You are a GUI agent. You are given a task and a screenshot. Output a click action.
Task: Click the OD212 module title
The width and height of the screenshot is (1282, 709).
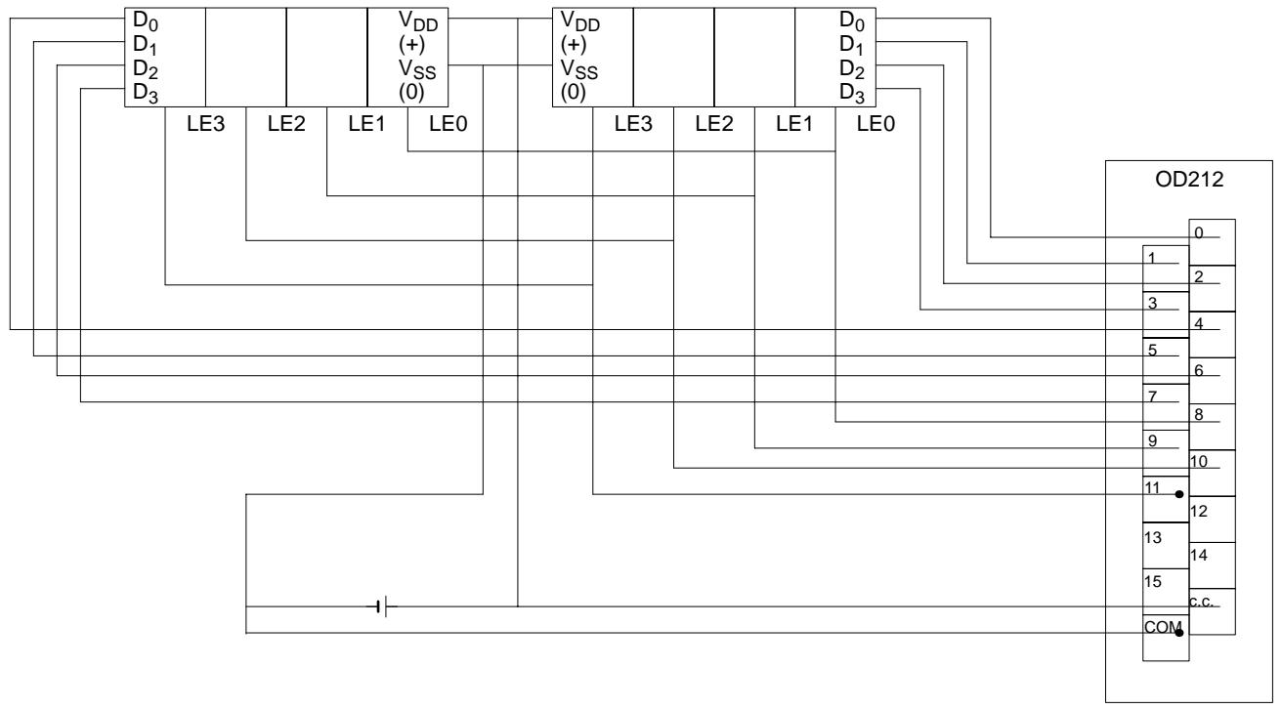coord(1189,180)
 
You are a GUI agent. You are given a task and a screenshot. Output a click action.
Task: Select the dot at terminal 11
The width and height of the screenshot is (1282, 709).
coord(1179,494)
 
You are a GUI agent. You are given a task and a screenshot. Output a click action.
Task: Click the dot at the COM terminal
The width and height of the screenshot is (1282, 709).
coord(1179,633)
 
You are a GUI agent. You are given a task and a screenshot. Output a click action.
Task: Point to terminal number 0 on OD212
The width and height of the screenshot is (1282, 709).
coord(1198,233)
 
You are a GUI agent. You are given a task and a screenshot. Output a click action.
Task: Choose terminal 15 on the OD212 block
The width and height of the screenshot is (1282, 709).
coord(1153,581)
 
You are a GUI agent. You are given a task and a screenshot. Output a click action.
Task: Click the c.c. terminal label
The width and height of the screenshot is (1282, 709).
coord(1201,602)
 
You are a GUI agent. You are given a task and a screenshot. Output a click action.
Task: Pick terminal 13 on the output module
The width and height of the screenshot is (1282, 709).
coord(1153,537)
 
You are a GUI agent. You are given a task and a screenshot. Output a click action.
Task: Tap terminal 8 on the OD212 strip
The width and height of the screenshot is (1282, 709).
coord(1198,414)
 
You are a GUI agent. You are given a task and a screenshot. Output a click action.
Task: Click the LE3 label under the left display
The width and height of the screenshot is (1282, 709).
coord(206,123)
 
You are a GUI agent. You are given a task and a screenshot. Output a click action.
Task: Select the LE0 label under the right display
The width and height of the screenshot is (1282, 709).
coord(876,123)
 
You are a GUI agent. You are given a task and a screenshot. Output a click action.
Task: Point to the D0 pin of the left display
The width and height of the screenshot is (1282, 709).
coord(146,21)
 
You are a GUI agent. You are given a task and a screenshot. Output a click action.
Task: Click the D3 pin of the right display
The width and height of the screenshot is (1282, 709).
coord(852,93)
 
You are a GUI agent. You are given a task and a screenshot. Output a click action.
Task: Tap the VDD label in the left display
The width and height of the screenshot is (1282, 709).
coord(418,21)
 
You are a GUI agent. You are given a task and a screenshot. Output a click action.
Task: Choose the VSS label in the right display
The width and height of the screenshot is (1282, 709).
coord(579,69)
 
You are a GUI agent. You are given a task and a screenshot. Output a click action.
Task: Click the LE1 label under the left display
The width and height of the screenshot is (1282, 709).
coord(366,123)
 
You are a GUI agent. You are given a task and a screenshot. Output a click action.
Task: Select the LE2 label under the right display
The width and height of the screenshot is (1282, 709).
coord(714,123)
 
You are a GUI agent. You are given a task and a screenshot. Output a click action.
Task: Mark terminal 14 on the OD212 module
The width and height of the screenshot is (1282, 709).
coord(1198,556)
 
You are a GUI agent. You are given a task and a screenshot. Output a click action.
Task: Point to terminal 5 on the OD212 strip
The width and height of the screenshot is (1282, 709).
coord(1153,350)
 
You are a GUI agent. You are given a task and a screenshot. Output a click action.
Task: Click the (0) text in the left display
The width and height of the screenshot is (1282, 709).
coord(411,93)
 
